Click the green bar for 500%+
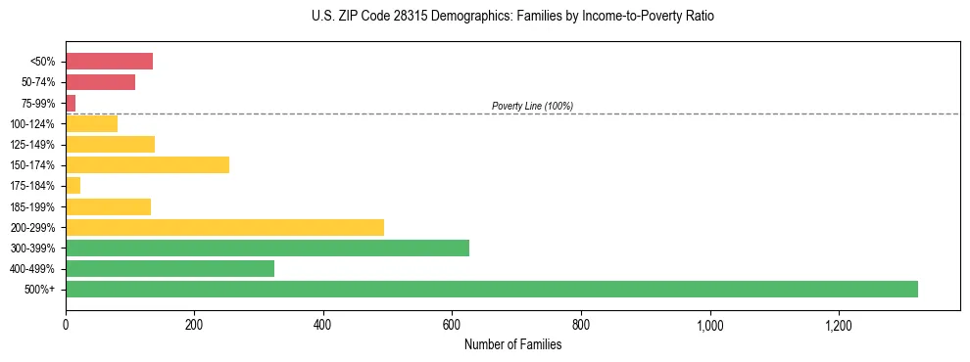tap(490, 289)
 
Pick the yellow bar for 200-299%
tap(224, 227)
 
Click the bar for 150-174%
tap(147, 165)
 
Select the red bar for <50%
tap(109, 62)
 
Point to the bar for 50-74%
tap(100, 82)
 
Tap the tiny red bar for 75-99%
tap(71, 103)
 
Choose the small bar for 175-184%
tap(73, 186)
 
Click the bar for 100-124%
tap(91, 123)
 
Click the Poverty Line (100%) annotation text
tap(532, 106)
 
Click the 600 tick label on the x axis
tap(452, 324)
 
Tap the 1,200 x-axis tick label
tap(839, 324)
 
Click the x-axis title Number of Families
tap(512, 344)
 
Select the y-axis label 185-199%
tap(33, 206)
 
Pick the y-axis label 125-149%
tap(33, 145)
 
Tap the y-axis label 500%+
tap(40, 290)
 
